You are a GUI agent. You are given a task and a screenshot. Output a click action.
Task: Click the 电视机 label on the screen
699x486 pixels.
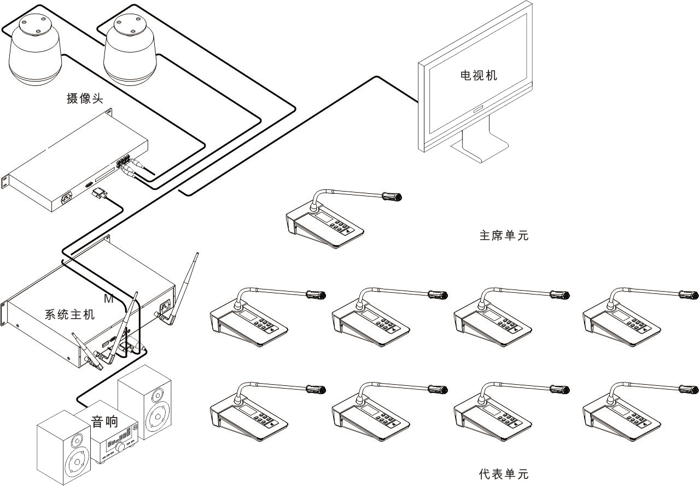[x=479, y=76]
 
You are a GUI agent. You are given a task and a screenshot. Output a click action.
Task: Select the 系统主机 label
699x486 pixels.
[x=69, y=315]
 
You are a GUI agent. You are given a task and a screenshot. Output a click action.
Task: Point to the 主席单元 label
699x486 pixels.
[x=504, y=236]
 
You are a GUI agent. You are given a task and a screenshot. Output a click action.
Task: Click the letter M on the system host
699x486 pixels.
[x=108, y=299]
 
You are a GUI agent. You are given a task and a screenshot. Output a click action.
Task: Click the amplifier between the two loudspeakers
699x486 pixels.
[x=117, y=445]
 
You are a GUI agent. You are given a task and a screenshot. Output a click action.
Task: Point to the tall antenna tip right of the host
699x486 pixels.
[x=197, y=254]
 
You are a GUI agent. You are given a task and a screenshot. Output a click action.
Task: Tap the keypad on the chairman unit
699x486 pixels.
[x=342, y=227]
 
